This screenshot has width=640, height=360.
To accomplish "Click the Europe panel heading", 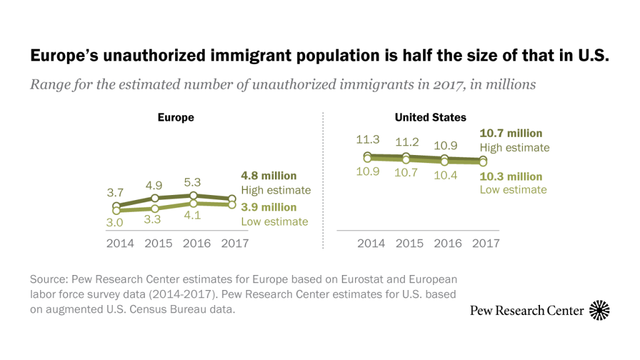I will (x=176, y=117).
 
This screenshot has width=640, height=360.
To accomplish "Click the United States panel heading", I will (x=430, y=117).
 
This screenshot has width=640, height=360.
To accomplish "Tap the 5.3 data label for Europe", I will (x=193, y=182).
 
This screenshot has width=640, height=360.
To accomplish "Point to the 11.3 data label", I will (x=368, y=140).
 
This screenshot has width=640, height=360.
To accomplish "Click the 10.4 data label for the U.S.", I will (x=444, y=176).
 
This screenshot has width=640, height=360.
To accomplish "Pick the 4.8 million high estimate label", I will (x=269, y=176).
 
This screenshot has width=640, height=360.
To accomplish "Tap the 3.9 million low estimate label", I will (x=269, y=207).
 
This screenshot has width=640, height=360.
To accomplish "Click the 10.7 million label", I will (x=511, y=133).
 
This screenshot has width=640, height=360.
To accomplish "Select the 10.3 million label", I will (x=511, y=176).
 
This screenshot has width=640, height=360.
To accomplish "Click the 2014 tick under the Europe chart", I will (x=120, y=244).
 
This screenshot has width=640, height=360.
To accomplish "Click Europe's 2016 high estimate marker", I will (x=194, y=195).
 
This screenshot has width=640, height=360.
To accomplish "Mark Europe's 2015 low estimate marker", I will (x=155, y=208).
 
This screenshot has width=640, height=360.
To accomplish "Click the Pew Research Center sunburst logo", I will (x=599, y=310).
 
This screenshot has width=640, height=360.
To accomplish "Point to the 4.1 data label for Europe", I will (x=193, y=217).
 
